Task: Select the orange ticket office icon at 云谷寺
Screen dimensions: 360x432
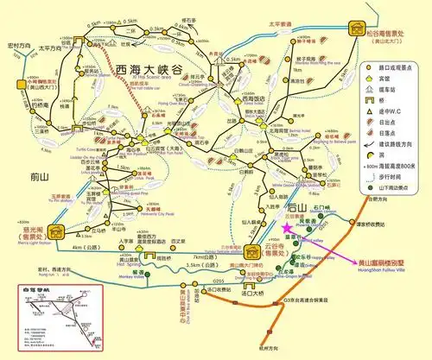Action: click(x=253, y=249)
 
